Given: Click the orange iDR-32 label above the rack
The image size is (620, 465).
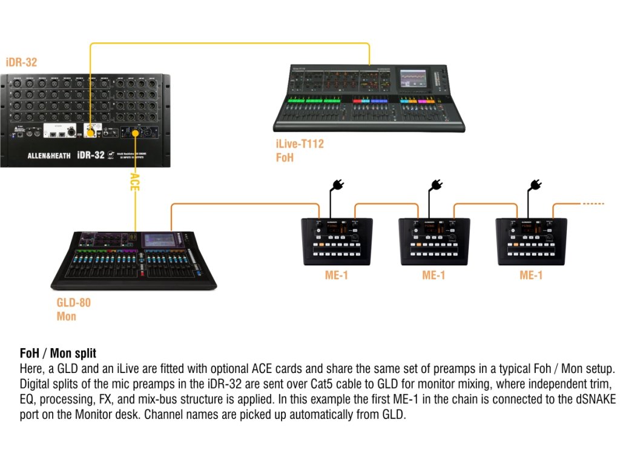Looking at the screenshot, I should pos(21,62).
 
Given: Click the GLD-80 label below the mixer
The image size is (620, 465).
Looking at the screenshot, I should pos(73,303).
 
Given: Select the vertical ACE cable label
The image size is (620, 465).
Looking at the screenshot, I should pos(135,182).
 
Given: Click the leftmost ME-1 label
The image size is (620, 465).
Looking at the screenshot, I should pos(336,275).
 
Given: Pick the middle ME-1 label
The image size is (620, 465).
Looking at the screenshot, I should pos(434,275).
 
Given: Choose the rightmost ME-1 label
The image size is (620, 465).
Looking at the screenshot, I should pos(531,275).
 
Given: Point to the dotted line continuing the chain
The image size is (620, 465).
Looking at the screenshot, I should pos(593,204).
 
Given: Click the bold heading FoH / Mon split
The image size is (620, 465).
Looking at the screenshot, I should pos(58,353).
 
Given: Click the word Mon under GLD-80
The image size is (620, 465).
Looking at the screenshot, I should pos(67,316).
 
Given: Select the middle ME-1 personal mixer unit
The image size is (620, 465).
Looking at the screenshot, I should pos(434,240).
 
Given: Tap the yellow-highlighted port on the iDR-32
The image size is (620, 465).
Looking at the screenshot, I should pos(91,131).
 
